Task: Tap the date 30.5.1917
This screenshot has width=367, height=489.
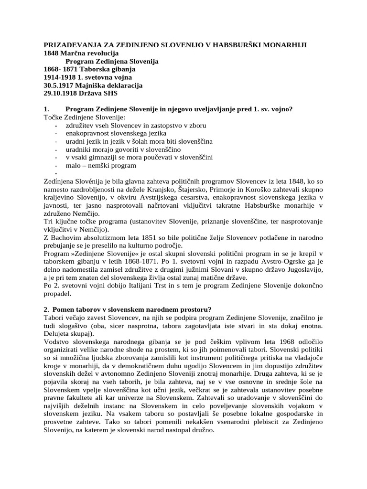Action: pos(61,85)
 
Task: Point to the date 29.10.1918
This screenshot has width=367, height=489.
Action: pos(63,94)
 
